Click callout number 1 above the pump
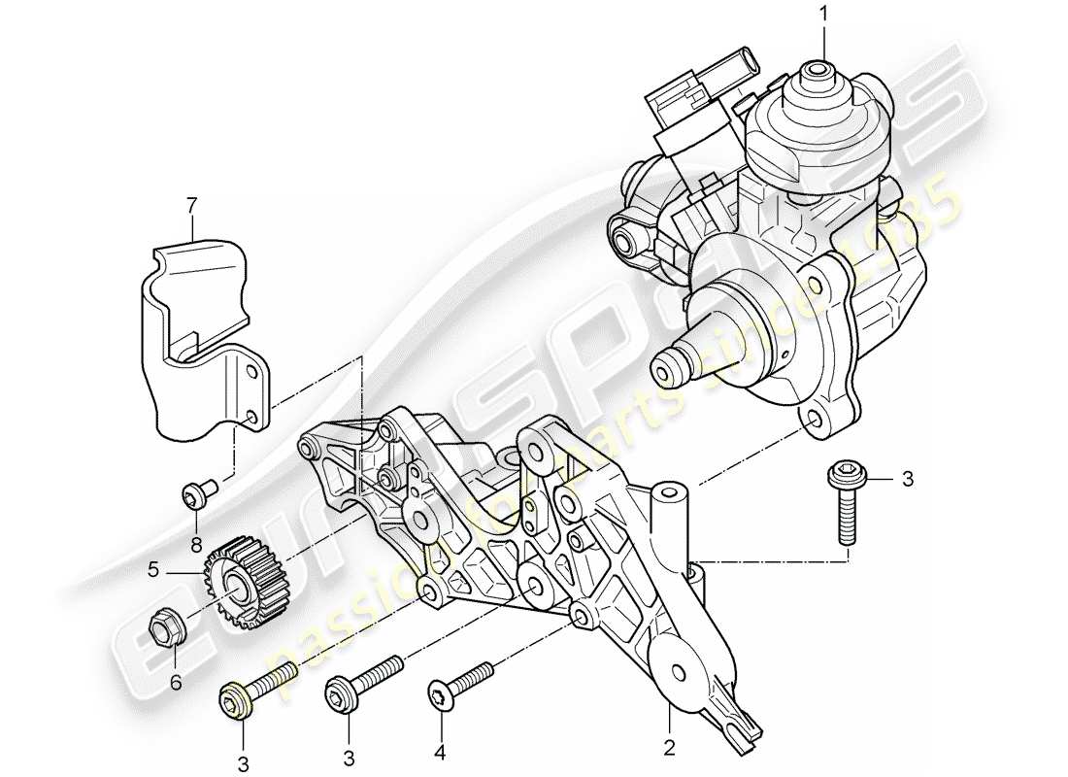click(x=823, y=14)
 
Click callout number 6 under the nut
click(x=176, y=682)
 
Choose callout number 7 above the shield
click(x=191, y=205)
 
